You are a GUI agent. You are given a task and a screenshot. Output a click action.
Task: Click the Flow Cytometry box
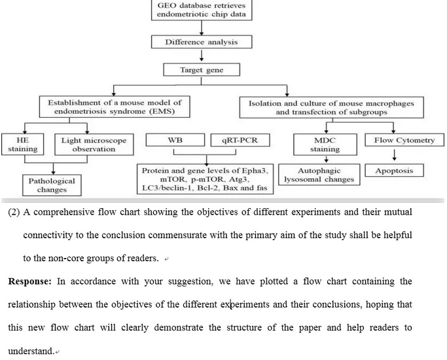[395, 141]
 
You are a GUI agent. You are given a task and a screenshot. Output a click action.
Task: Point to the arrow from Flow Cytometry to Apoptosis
[395, 155]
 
